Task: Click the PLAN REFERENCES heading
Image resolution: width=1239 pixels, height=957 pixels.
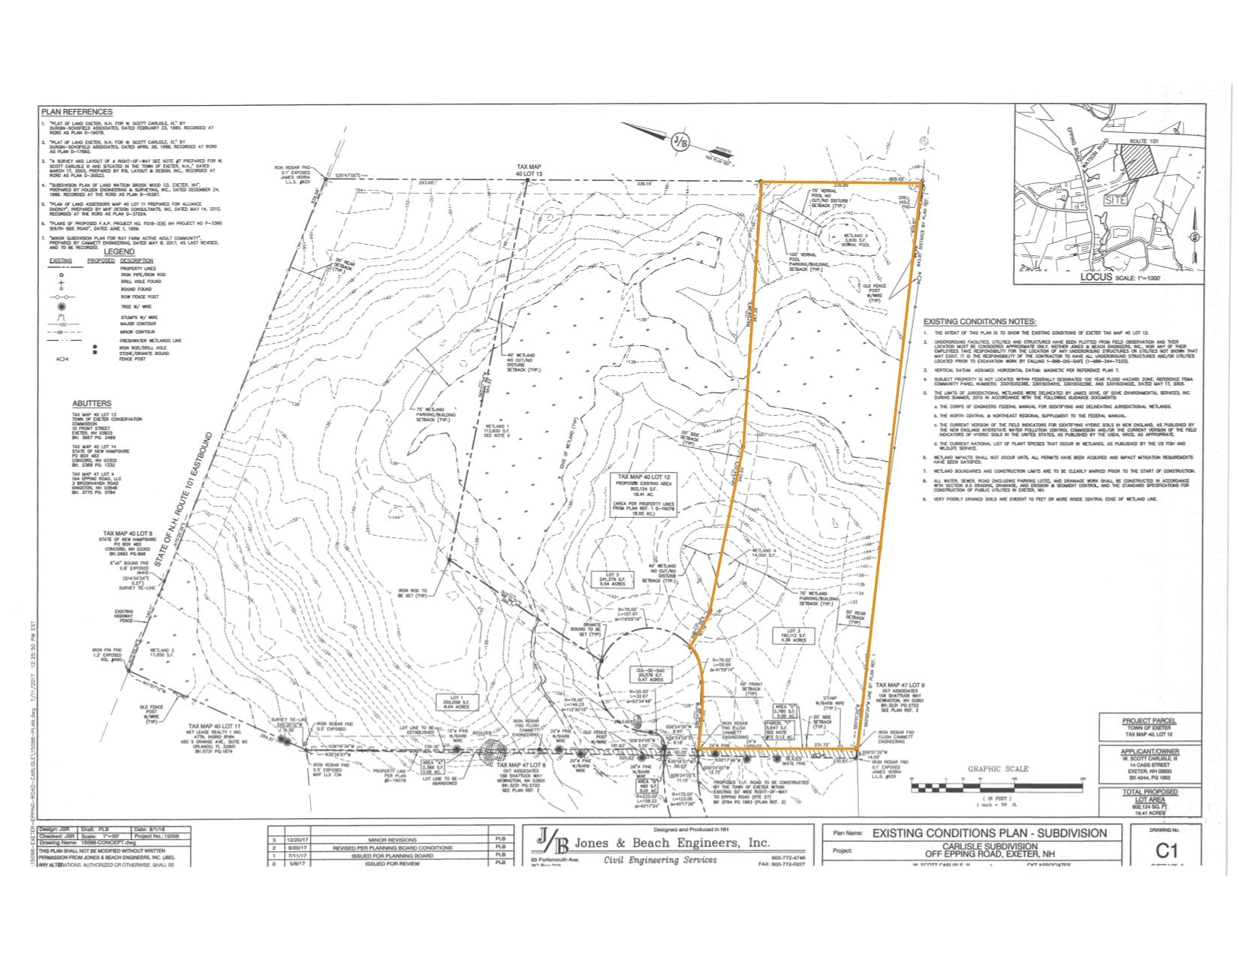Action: tap(77, 112)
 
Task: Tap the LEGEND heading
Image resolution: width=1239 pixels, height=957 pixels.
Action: tap(119, 251)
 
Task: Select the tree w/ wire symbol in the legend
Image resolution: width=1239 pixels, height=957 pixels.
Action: tap(62, 308)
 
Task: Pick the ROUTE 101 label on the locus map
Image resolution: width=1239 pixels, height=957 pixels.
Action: tap(1149, 141)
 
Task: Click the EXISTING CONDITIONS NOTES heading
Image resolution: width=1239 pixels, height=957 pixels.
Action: tap(979, 321)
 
